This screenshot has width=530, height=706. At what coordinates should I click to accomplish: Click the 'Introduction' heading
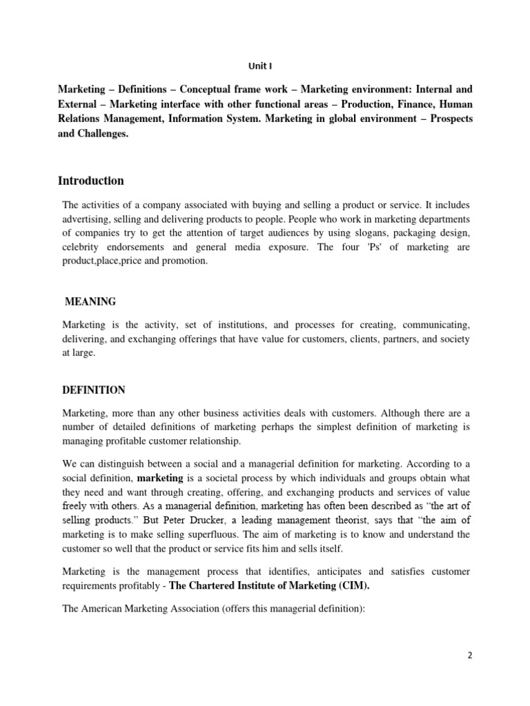[x=91, y=181]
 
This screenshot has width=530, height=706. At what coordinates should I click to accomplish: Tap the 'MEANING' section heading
[x=90, y=301]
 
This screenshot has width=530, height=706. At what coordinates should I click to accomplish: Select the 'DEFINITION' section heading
[x=94, y=390]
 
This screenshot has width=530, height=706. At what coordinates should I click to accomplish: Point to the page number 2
[x=470, y=656]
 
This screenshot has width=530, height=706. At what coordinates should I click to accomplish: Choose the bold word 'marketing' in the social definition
[x=160, y=478]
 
